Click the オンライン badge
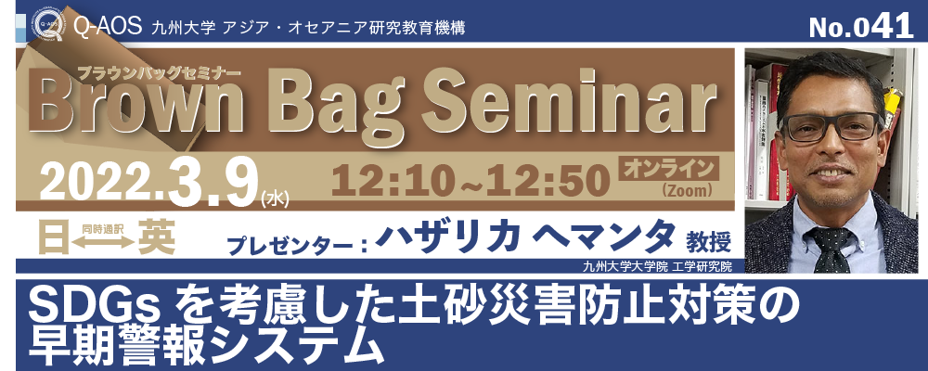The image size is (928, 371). pyautogui.click(x=669, y=168)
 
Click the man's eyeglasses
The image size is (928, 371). pyautogui.click(x=831, y=126)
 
